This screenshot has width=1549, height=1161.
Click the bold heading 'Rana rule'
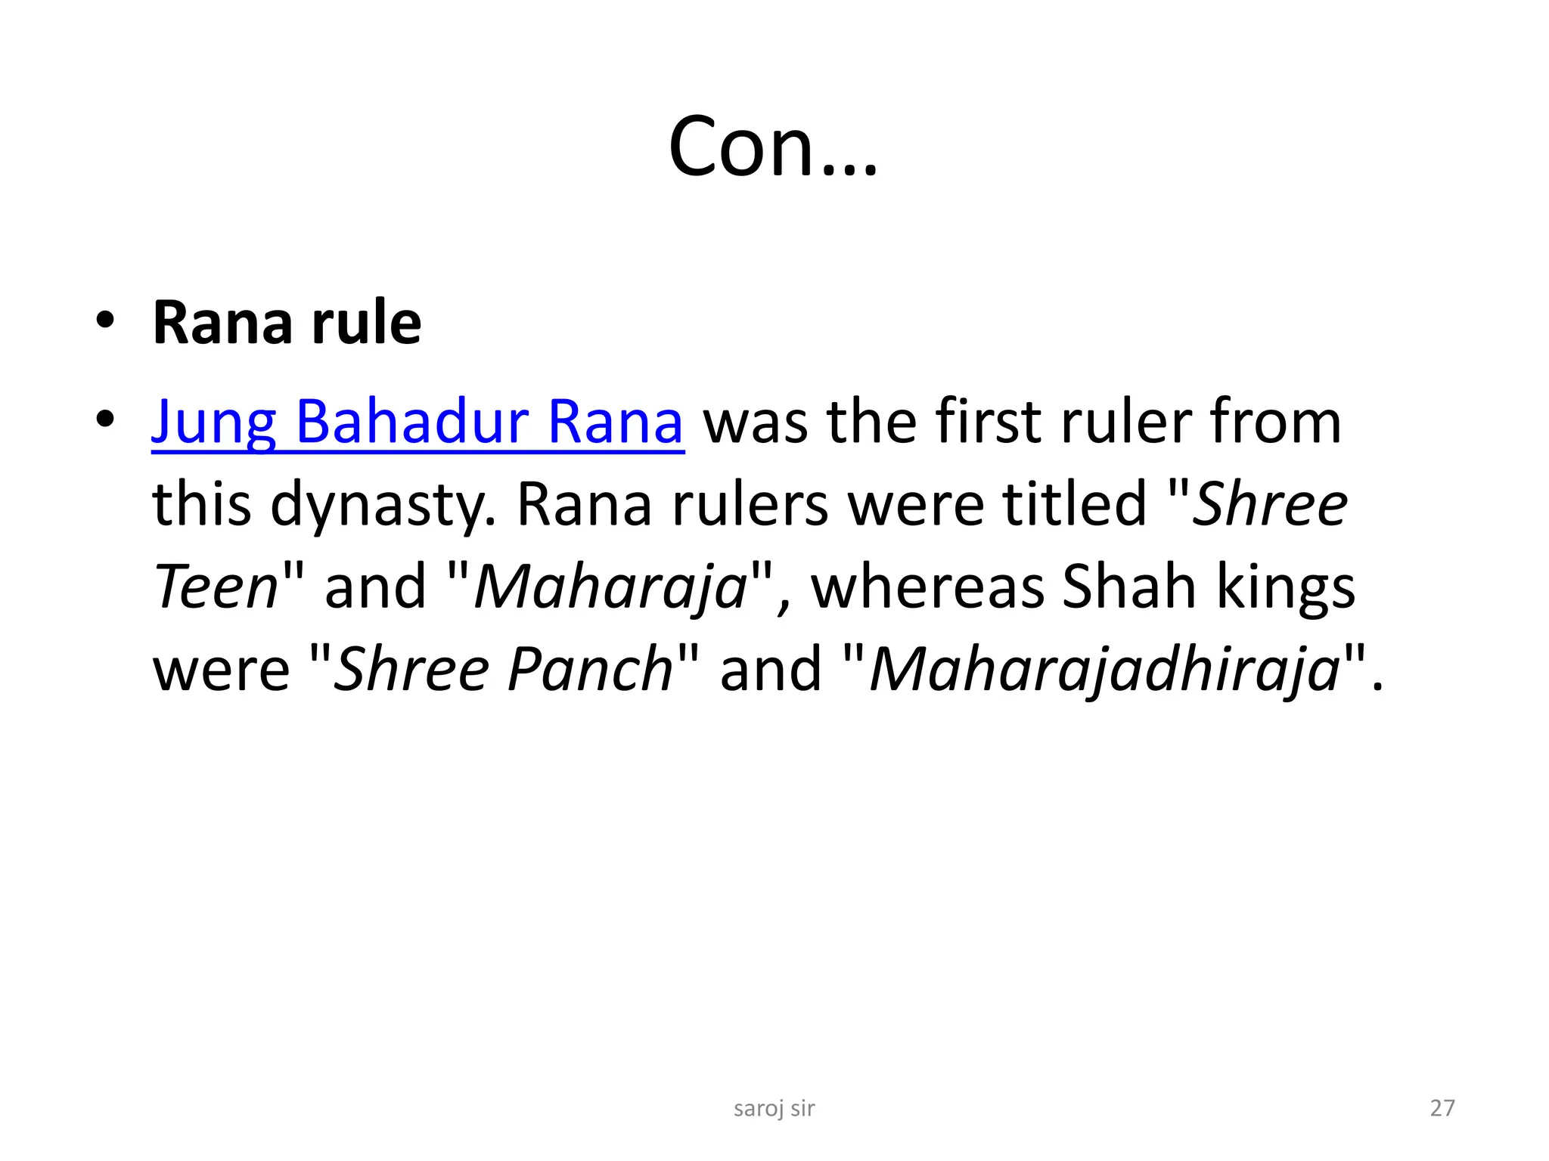coord(287,323)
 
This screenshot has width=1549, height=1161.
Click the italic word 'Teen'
coord(217,587)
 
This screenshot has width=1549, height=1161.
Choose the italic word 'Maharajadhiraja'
coord(1105,670)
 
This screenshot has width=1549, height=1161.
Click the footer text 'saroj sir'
coord(774,1108)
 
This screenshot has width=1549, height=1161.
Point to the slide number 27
coord(1442,1108)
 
